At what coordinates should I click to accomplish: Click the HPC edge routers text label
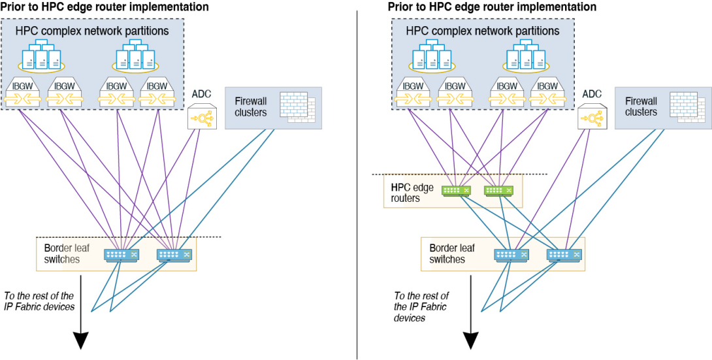[x=406, y=193]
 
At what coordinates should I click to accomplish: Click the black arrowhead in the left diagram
[x=80, y=340]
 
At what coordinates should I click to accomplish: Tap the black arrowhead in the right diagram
[x=470, y=340]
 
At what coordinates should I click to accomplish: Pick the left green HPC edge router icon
[x=457, y=189]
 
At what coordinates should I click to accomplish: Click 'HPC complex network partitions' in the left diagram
[x=93, y=31]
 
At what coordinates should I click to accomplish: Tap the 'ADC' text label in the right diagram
[x=592, y=94]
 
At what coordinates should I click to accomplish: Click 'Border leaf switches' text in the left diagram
[x=62, y=254]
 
